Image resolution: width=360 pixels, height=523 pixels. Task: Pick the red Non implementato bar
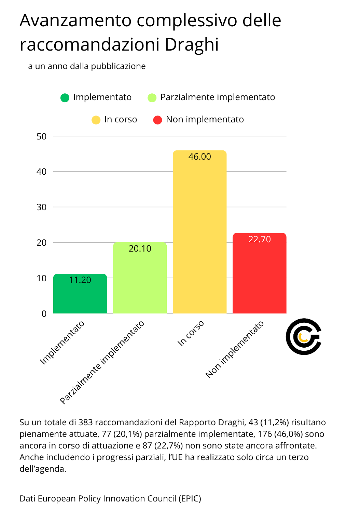pyautogui.click(x=259, y=273)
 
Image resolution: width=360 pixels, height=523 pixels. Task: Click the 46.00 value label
pyautogui.click(x=199, y=157)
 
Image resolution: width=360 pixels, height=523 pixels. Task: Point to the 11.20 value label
pyautogui.click(x=80, y=280)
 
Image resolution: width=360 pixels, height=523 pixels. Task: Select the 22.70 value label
pyautogui.click(x=259, y=239)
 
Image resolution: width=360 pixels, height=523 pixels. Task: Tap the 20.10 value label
pyautogui.click(x=140, y=249)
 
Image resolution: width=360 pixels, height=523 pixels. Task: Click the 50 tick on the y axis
pyautogui.click(x=41, y=136)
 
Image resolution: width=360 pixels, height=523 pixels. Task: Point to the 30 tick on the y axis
pyautogui.click(x=41, y=207)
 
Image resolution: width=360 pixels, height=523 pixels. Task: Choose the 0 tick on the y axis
pyautogui.click(x=44, y=314)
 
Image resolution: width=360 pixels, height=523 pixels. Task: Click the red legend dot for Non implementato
pyautogui.click(x=157, y=120)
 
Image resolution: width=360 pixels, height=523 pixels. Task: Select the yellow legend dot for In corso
pyautogui.click(x=96, y=120)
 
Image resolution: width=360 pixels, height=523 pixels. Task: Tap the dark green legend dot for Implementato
pyautogui.click(x=65, y=98)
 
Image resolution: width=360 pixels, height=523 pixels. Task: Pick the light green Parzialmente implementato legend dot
pyautogui.click(x=152, y=98)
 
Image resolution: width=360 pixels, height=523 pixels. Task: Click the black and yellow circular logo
pyautogui.click(x=303, y=337)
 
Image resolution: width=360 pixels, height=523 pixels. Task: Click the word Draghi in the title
pyautogui.click(x=192, y=45)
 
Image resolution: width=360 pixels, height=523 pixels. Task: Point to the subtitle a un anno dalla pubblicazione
pyautogui.click(x=87, y=66)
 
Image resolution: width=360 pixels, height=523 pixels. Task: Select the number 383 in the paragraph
pyautogui.click(x=85, y=423)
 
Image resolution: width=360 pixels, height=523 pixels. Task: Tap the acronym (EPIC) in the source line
pyautogui.click(x=190, y=499)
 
